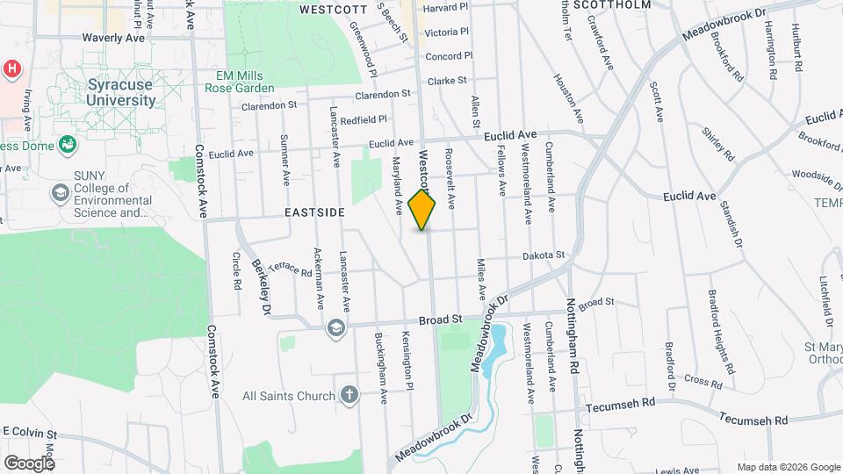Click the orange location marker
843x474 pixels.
(422, 210)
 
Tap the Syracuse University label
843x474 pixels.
(121, 92)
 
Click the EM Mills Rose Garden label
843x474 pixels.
(239, 82)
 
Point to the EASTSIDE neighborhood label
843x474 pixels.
(313, 212)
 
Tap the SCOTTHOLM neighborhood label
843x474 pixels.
(611, 5)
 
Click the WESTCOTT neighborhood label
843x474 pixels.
(333, 10)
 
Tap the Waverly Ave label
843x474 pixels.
(112, 38)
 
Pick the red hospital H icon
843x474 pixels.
(11, 68)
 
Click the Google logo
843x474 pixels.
(28, 463)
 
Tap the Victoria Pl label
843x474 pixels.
(446, 32)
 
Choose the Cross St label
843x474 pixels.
(702, 381)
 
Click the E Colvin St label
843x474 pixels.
(29, 433)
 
